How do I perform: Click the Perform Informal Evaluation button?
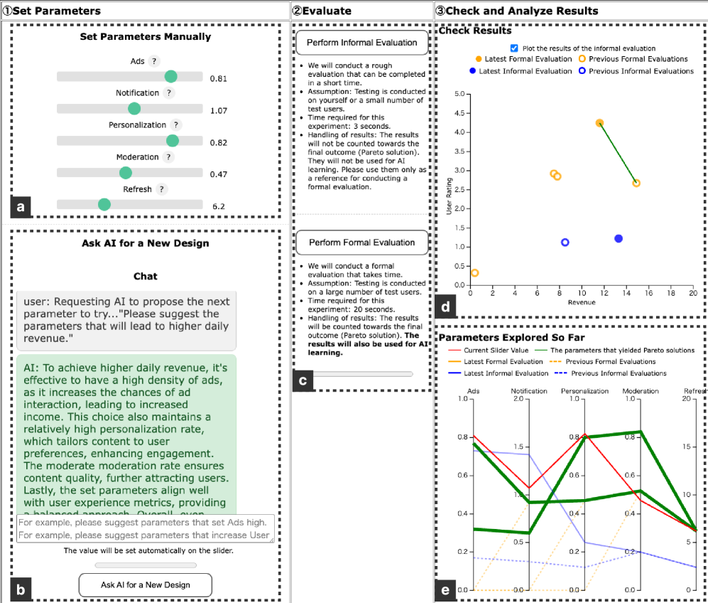click(361, 43)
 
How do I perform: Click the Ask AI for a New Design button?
click(145, 585)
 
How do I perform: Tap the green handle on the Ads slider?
click(170, 77)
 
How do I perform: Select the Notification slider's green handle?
click(134, 109)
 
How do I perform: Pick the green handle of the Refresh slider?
click(104, 205)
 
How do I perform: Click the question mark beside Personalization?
click(176, 124)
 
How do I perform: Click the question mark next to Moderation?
click(168, 157)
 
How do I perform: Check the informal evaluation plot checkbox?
click(514, 48)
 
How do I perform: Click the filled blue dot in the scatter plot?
click(619, 239)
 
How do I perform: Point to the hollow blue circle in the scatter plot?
click(565, 242)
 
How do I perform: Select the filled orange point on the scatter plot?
click(599, 123)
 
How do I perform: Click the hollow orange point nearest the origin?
click(475, 273)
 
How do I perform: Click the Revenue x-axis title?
click(582, 302)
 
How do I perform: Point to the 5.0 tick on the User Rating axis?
click(459, 94)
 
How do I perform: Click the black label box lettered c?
click(303, 380)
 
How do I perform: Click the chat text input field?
click(145, 528)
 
